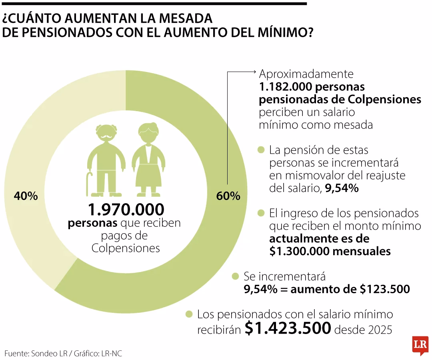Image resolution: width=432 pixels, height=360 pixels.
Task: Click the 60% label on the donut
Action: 228,196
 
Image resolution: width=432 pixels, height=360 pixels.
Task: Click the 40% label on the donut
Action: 26,196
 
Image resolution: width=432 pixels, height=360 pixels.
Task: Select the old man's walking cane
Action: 89,184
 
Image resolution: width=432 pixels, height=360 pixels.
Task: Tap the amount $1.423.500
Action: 288,328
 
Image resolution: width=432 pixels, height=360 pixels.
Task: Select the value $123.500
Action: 385,289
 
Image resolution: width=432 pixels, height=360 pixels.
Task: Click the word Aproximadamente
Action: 306,74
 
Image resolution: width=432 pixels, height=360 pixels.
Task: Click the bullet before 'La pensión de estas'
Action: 262,150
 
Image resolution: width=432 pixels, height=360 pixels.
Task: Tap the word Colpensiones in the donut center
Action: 126,248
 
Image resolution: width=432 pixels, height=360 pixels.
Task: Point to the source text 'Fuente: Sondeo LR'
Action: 36,354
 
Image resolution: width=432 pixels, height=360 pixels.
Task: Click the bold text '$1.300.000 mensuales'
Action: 330,251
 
